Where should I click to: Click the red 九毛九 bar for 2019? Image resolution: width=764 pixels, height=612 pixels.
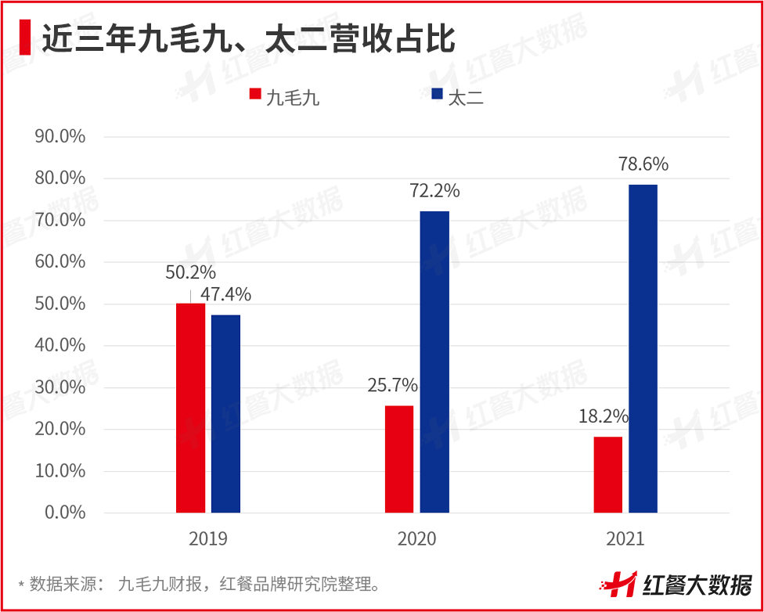tap(190, 408)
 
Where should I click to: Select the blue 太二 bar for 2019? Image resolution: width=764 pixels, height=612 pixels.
tap(225, 413)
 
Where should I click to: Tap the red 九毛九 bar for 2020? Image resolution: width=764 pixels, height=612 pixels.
tap(398, 459)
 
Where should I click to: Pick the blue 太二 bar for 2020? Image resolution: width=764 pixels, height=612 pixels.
tap(434, 362)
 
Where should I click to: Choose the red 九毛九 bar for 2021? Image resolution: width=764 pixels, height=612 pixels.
tap(607, 474)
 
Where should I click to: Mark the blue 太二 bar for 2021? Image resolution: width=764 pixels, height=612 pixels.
tap(643, 348)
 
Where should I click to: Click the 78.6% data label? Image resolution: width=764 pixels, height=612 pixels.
tap(643, 164)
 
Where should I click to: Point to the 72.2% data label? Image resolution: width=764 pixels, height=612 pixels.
tap(434, 191)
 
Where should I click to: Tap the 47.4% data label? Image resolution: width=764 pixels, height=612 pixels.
tap(225, 294)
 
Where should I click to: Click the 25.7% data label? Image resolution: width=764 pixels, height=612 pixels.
tap(392, 385)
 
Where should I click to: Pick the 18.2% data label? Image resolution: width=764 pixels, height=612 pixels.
tap(604, 416)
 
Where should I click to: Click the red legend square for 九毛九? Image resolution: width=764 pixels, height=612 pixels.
tap(255, 95)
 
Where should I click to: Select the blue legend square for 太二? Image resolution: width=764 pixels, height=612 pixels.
tap(438, 95)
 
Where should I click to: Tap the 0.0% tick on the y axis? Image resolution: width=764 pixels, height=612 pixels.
tap(65, 513)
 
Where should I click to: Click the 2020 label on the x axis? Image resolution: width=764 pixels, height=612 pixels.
tap(416, 539)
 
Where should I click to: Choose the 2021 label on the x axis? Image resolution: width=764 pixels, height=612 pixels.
tap(625, 539)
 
